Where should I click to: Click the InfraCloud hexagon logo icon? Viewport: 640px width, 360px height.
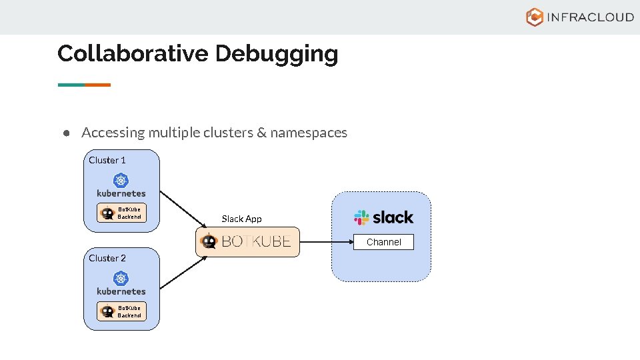[535, 17]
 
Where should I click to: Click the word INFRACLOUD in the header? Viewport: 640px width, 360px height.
[590, 17]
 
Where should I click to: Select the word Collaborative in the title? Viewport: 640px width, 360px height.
[133, 53]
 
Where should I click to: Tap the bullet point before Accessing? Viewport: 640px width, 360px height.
[67, 133]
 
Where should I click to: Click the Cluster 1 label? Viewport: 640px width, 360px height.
[107, 160]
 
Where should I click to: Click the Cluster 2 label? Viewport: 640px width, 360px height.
[107, 258]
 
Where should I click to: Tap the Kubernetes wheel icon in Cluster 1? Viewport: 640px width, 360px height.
[121, 180]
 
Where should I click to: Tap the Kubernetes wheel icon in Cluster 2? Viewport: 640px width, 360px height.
[121, 278]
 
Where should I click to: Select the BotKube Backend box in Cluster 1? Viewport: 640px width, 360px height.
[121, 213]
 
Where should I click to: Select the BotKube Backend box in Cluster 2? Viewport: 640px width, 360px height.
[121, 311]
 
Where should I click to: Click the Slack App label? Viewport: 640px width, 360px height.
[241, 219]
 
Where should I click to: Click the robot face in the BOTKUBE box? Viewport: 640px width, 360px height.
[209, 241]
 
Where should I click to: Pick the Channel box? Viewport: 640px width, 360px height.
[383, 242]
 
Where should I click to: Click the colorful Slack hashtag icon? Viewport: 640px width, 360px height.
[361, 217]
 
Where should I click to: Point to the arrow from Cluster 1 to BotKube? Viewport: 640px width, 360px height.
[183, 209]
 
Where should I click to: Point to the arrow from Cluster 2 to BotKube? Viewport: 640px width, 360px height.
[183, 273]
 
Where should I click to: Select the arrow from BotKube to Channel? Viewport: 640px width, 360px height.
[326, 241]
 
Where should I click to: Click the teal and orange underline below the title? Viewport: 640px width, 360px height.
[84, 85]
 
